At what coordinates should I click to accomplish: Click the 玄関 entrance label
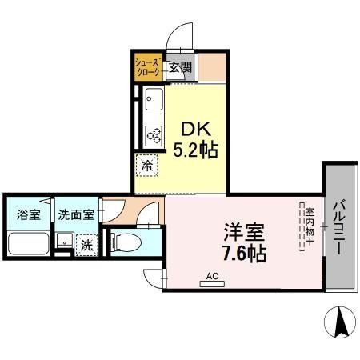[x=179, y=68]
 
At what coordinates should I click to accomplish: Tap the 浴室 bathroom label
[x=28, y=214]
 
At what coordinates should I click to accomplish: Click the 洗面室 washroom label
[x=76, y=214]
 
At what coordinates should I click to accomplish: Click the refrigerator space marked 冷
[x=147, y=166]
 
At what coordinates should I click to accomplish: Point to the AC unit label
[x=212, y=276]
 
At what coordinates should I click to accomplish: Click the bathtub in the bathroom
[x=28, y=244]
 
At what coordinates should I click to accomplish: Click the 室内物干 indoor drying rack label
[x=307, y=229]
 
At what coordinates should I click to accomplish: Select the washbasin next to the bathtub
[x=62, y=243]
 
